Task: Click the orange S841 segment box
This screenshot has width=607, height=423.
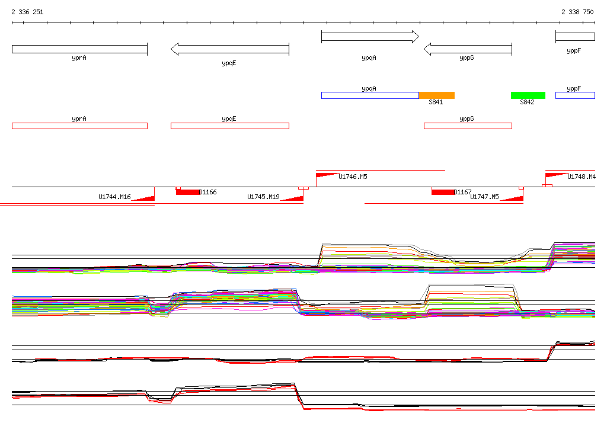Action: [x=437, y=95]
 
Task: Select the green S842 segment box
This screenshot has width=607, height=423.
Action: [x=528, y=95]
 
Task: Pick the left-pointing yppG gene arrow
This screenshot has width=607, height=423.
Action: [x=468, y=49]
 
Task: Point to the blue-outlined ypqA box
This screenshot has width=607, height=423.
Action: [x=370, y=95]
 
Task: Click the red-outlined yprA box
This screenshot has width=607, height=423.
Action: [x=79, y=126]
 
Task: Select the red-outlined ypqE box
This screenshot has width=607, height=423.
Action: [x=229, y=126]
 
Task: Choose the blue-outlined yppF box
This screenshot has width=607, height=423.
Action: [x=575, y=95]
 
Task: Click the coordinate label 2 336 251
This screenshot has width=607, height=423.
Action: [x=27, y=12]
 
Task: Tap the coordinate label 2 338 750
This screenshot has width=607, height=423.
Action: [x=577, y=12]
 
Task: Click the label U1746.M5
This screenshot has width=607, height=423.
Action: [x=353, y=177]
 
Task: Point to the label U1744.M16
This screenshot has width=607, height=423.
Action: [x=114, y=197]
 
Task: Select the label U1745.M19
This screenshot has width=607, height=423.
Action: [x=263, y=197]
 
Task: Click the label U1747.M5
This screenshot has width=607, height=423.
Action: [x=484, y=197]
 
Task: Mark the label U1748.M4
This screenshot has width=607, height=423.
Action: [x=582, y=177]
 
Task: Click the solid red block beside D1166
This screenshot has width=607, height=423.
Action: [x=188, y=192]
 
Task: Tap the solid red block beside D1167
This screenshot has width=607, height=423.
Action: [x=442, y=192]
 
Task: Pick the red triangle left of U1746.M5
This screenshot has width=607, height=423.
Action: [x=326, y=175]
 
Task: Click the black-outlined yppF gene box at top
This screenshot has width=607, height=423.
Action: [x=575, y=37]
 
